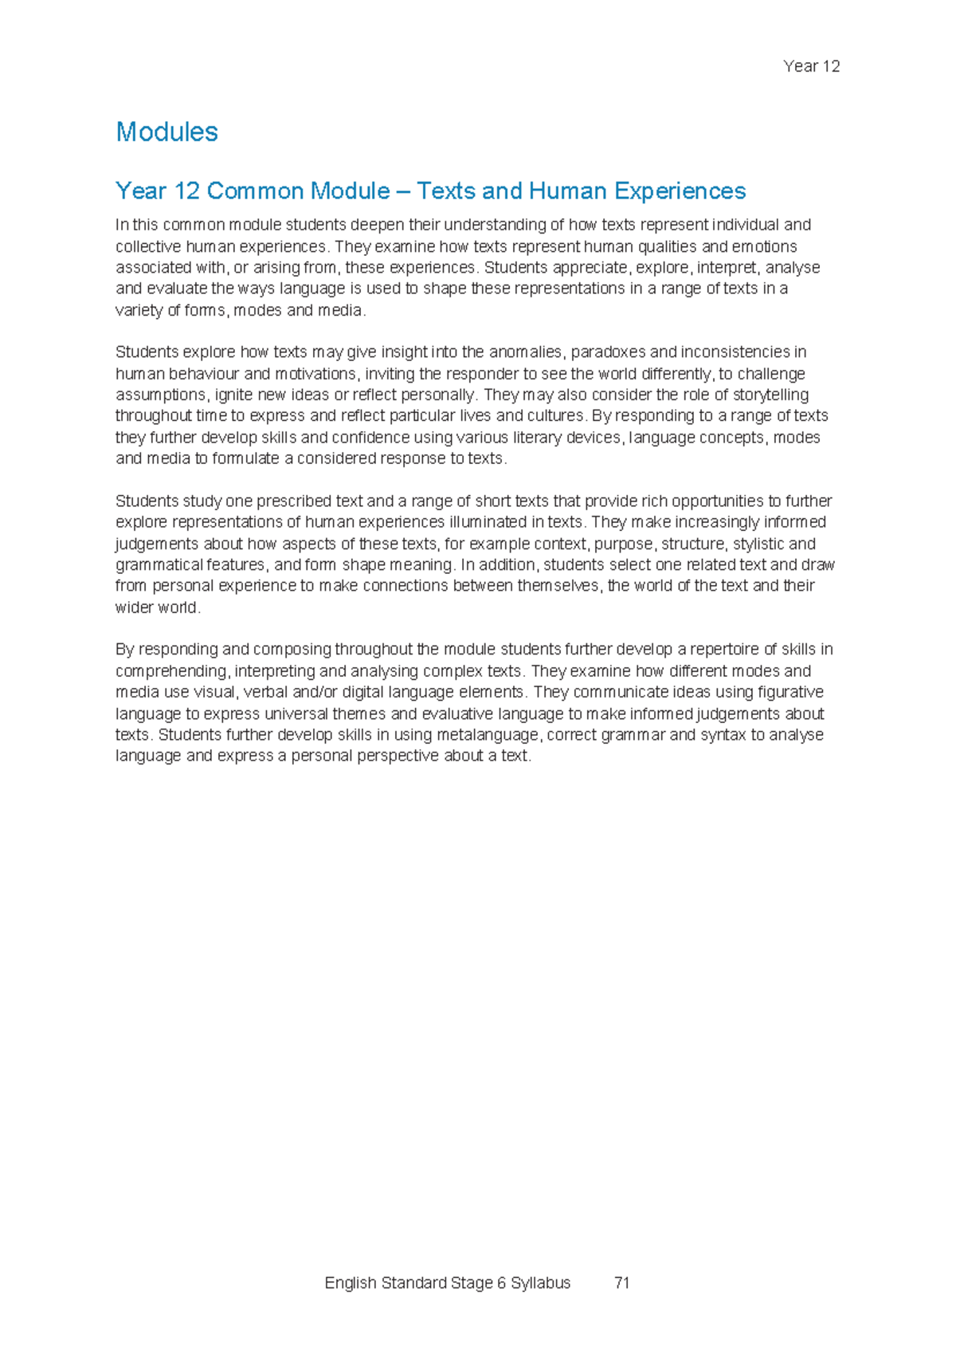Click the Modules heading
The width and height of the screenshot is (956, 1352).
(x=167, y=132)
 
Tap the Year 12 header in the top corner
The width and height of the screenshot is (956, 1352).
(x=811, y=66)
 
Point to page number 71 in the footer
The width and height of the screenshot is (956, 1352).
(x=622, y=1283)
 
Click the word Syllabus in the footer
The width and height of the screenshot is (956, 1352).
(x=540, y=1283)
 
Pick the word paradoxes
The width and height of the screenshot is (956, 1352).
(x=608, y=352)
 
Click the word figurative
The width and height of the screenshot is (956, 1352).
(x=790, y=692)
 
